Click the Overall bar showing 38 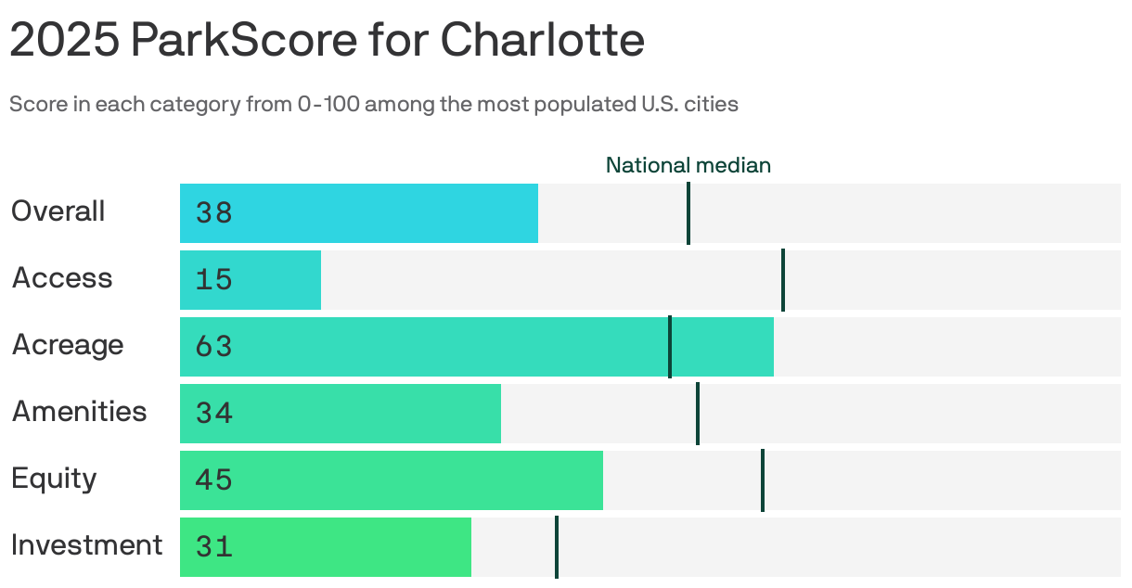pos(359,213)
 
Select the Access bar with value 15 pos(251,280)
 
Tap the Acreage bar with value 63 pos(476,347)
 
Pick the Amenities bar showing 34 pos(341,414)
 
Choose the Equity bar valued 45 pos(392,480)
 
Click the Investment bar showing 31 pos(326,547)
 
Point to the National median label pos(688,165)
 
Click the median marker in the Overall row pos(688,213)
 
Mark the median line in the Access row pos(783,280)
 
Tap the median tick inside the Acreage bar pos(670,347)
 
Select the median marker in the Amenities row pos(698,414)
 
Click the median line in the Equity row pos(763,480)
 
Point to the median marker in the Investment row pos(557,547)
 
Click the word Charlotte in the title pos(542,41)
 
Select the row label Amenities pos(79,411)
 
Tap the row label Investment pos(86,544)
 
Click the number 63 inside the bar pos(213,347)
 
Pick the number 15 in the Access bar pos(213,280)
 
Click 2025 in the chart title pos(63,41)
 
